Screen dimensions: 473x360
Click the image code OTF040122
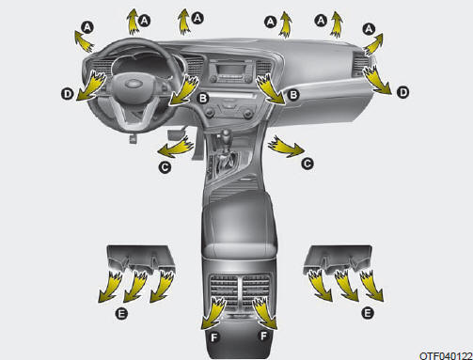446,356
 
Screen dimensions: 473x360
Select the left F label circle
214,337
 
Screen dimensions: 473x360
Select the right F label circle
263,336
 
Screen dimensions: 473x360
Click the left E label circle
121,313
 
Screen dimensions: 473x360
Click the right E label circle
368,312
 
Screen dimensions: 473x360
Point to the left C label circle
165,166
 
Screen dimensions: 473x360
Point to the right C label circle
307,164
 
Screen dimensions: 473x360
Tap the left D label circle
68,94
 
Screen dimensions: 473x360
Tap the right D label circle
403,92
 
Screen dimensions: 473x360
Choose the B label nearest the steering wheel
203,98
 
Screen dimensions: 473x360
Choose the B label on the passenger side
293,94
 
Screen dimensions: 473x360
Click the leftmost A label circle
87,27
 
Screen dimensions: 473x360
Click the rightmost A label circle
369,29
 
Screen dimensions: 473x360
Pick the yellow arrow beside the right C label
285,147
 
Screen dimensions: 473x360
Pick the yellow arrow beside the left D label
91,86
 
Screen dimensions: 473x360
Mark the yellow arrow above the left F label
213,313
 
